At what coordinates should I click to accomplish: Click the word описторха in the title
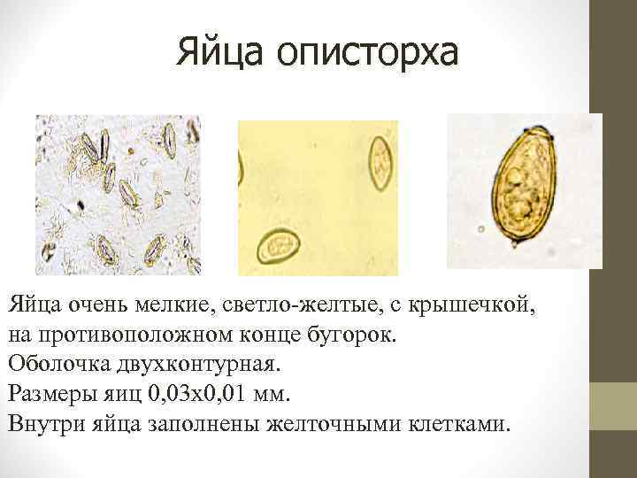click(368, 55)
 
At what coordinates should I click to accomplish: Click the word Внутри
click(48, 420)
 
